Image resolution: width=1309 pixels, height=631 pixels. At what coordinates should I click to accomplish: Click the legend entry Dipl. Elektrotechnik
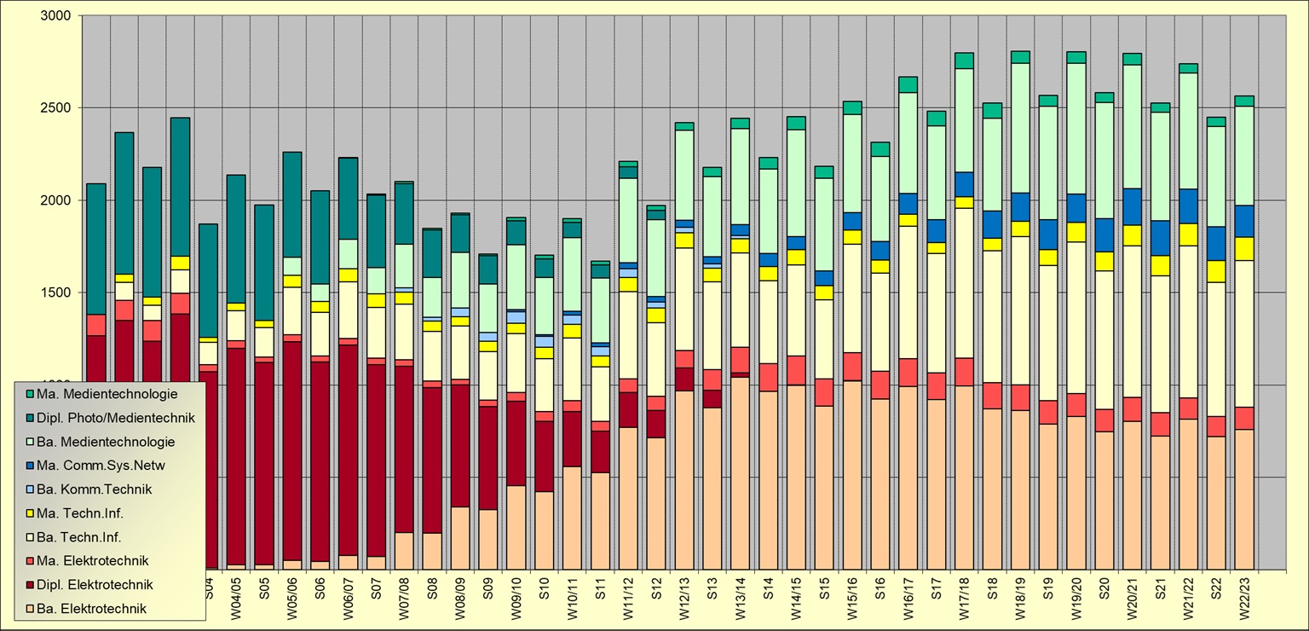click(101, 585)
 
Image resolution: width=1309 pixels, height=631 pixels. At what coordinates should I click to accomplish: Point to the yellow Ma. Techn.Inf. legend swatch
click(30, 513)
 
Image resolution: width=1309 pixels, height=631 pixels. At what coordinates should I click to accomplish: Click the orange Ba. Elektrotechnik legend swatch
click(30, 609)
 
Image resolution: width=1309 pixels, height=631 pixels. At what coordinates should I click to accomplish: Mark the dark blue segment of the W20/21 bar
click(1132, 206)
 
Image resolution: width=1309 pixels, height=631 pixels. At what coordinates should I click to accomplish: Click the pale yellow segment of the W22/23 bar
click(1244, 333)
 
